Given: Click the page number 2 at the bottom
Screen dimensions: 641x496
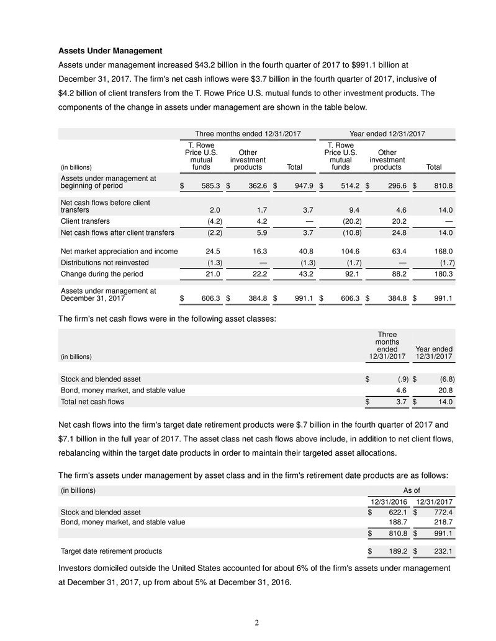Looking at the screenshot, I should click(x=248, y=622).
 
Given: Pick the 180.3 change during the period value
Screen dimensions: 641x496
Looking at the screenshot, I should click(x=443, y=274).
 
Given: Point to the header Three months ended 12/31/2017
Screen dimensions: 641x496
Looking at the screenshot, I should click(x=248, y=133).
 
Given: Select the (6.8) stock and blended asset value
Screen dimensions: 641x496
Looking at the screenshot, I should click(x=443, y=379).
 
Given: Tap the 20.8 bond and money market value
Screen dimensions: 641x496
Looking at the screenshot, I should click(x=443, y=390).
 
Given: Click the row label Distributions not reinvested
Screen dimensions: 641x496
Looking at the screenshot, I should click(x=104, y=262).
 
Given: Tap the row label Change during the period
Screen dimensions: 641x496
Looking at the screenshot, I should click(x=99, y=274).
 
